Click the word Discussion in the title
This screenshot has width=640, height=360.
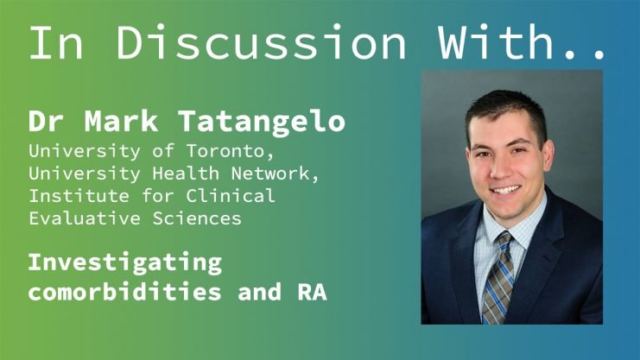261,42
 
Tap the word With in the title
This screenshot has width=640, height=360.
496,42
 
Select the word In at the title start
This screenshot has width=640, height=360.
56,43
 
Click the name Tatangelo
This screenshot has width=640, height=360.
262,122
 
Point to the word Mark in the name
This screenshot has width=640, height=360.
121,121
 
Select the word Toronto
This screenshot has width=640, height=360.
231,152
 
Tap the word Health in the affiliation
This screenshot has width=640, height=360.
186,174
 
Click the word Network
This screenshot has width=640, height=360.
275,174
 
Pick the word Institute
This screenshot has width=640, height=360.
79,196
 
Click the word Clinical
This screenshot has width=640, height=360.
231,196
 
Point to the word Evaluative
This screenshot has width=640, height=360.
85,218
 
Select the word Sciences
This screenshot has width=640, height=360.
197,218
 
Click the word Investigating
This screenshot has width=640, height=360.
125,263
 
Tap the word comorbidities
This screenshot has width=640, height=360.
125,292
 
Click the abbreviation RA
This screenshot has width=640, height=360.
313,292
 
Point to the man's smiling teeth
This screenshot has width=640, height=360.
506,190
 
